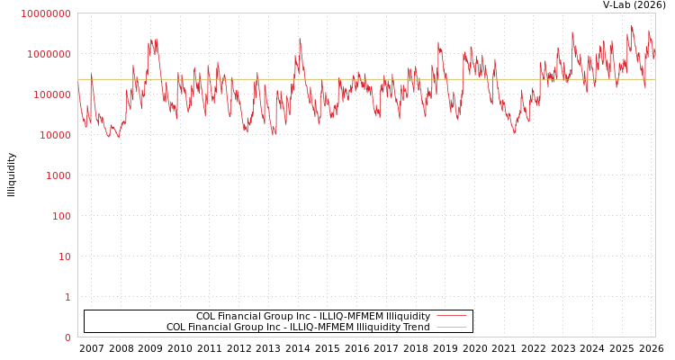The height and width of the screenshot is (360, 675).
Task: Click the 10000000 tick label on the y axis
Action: pos(45,13)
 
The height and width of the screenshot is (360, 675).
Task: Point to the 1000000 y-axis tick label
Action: pos(49,54)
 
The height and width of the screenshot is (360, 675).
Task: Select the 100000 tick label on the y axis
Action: pos(51,94)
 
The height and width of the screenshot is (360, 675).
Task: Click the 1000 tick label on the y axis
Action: pos(58,175)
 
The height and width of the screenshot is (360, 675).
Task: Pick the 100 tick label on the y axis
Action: pos(60,216)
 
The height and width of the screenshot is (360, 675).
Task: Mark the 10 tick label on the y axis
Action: pos(64,256)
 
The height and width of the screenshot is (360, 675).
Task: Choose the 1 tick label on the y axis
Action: pos(67,297)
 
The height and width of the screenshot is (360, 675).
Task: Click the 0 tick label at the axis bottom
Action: pos(67,337)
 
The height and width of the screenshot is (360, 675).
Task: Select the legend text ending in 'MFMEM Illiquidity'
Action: pos(313,316)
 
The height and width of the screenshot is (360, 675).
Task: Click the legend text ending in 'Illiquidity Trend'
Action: pos(298,327)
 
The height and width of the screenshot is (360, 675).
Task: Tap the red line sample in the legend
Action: pos(451,316)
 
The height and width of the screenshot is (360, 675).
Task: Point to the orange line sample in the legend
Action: pos(451,327)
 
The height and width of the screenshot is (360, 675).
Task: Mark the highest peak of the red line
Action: pos(632,26)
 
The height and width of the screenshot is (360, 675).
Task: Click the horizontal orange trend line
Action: pos(360,79)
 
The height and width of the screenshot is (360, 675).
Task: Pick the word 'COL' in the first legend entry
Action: pos(206,316)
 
